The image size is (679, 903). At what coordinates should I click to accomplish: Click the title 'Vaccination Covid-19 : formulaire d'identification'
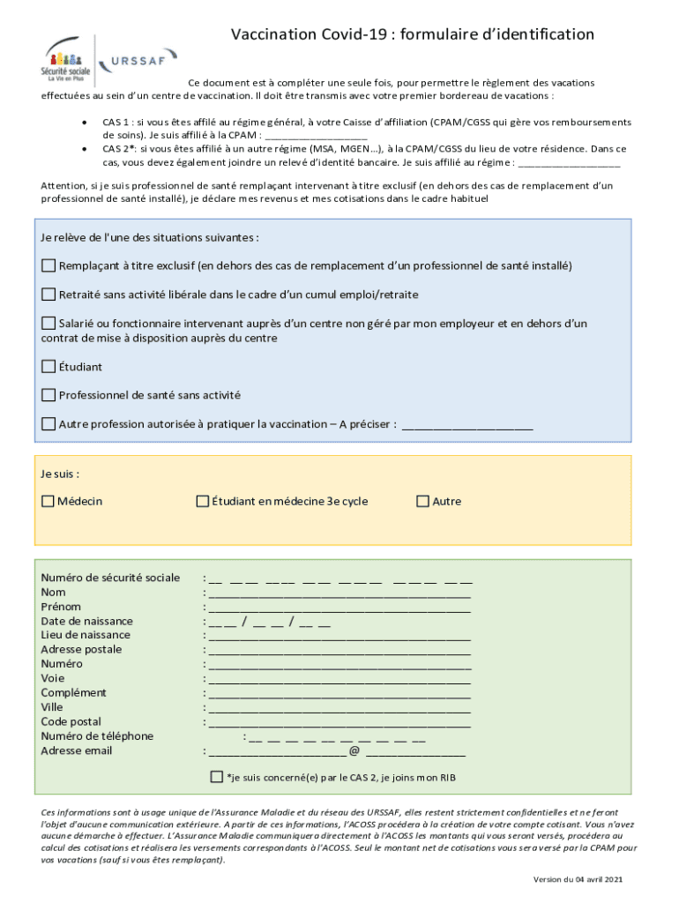click(x=412, y=34)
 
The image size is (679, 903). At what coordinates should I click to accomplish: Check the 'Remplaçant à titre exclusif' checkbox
click(x=48, y=265)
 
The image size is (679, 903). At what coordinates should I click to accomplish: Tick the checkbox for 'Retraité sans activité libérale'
click(x=48, y=294)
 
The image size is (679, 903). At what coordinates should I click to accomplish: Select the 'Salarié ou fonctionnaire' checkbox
click(x=48, y=324)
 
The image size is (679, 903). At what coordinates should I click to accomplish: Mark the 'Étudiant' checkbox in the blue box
click(x=48, y=366)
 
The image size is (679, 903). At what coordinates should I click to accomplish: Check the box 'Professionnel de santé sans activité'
click(x=48, y=395)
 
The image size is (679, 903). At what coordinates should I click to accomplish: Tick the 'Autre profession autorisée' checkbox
click(x=48, y=424)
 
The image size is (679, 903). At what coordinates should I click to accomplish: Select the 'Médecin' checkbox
click(x=48, y=502)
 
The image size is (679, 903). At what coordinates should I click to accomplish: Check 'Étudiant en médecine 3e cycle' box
click(x=202, y=502)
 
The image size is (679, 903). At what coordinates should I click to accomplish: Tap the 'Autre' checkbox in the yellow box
click(x=422, y=502)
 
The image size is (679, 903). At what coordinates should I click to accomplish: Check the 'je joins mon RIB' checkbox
click(x=217, y=777)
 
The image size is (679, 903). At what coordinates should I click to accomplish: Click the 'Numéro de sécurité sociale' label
click(x=110, y=578)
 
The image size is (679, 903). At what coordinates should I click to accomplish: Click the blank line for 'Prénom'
click(x=339, y=608)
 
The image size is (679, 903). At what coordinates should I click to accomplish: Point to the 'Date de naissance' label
click(x=86, y=621)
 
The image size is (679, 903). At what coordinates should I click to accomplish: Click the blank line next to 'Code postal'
click(x=339, y=723)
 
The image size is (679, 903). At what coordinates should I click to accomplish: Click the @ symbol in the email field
click(x=354, y=751)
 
